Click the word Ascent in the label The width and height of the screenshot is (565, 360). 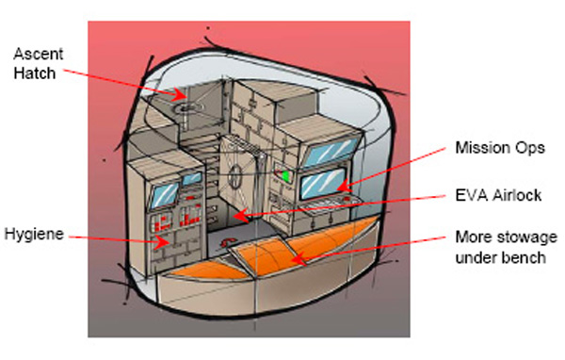coord(39,54)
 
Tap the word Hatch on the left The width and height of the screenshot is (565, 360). coord(35,74)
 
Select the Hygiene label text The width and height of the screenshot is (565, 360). coord(34,235)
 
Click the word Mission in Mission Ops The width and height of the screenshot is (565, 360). coord(479,148)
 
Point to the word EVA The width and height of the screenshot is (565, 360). coord(471,195)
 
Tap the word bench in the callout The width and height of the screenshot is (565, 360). coord(525,257)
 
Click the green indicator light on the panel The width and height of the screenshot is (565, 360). coord(285,176)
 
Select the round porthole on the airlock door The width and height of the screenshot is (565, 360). coord(236,176)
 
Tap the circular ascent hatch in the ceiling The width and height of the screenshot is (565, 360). coord(186,107)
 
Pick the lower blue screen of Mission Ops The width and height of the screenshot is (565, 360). coord(323,183)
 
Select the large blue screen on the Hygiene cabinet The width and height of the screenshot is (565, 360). coord(166,195)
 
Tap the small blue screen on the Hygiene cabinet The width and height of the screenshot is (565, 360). coord(192,178)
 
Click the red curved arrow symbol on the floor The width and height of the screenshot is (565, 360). coord(229,242)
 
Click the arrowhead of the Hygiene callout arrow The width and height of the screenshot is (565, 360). coord(161,242)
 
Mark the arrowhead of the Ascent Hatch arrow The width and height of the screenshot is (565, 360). coord(180,94)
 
